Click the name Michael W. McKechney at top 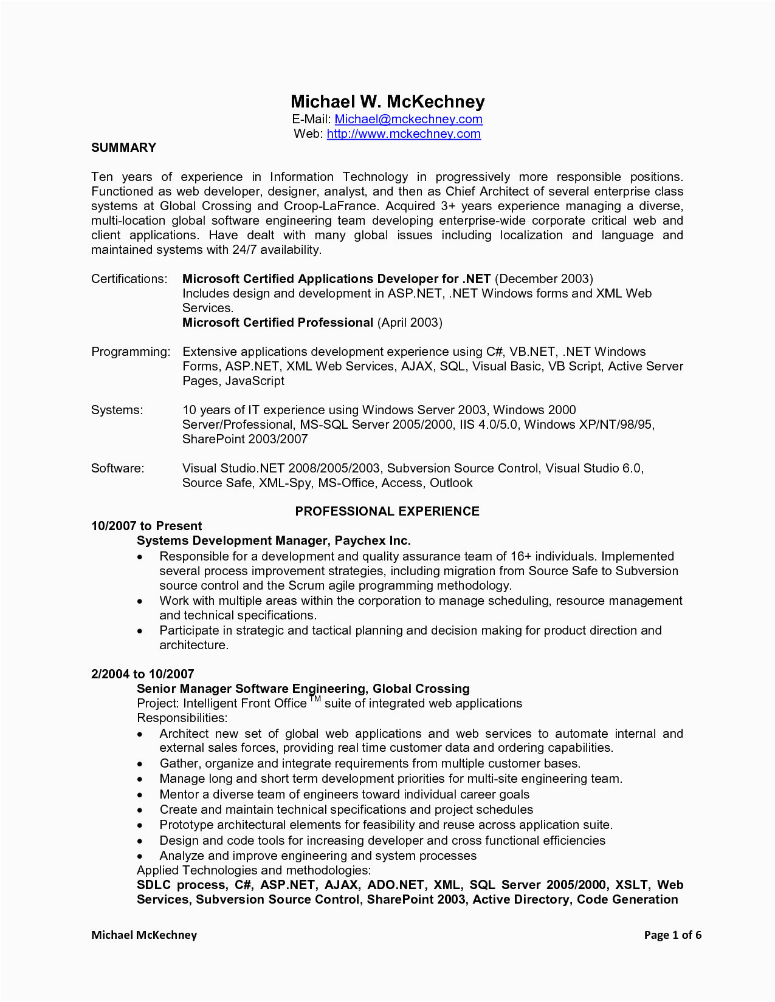click(x=387, y=101)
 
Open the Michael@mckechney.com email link click(x=408, y=120)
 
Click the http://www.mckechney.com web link click(x=404, y=134)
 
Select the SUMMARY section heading click(x=123, y=148)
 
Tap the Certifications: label click(x=129, y=279)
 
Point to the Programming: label click(x=131, y=352)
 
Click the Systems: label click(x=117, y=410)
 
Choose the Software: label click(x=117, y=468)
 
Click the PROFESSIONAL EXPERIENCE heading click(x=387, y=511)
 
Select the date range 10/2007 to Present click(x=146, y=526)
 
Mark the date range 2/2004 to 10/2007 click(x=142, y=674)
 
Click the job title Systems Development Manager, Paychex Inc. click(x=274, y=540)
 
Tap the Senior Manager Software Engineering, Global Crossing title click(x=303, y=689)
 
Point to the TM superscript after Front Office click(x=315, y=699)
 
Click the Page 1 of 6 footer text click(x=672, y=935)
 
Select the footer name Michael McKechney click(x=144, y=935)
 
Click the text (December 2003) click(x=544, y=279)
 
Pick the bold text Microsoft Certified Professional click(x=277, y=322)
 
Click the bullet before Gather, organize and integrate click(x=140, y=764)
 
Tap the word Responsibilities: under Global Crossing click(x=182, y=718)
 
